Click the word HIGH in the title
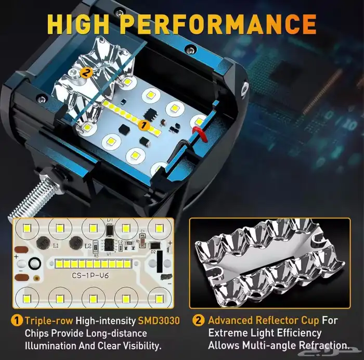coord(78,24)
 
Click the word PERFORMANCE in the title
coord(219,24)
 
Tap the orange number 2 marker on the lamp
coord(86,72)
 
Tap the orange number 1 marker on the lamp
coord(144,125)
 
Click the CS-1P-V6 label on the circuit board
coord(90,276)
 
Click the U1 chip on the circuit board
coord(109,245)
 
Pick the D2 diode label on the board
coord(153,252)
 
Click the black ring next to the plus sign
coord(35,264)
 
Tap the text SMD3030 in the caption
coord(159,321)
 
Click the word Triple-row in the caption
coord(49,321)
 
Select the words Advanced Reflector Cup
coord(264,321)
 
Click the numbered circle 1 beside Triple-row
coord(17,321)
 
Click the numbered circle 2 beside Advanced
coord(199,320)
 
